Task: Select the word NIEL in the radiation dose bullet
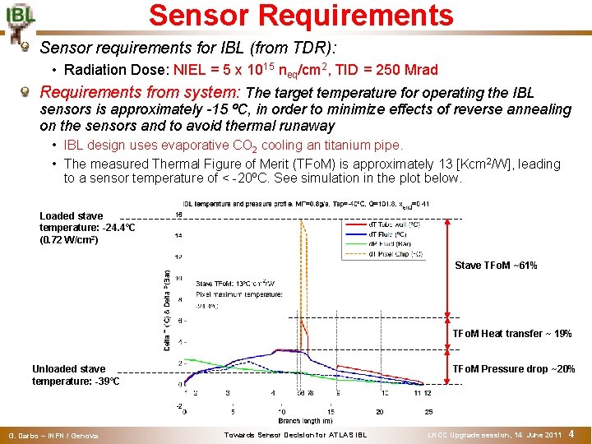(x=192, y=70)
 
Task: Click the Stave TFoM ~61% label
(x=496, y=266)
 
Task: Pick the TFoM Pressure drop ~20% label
(x=514, y=369)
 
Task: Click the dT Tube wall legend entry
(x=394, y=224)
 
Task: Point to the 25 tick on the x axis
(x=428, y=411)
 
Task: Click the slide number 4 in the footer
(x=571, y=433)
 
